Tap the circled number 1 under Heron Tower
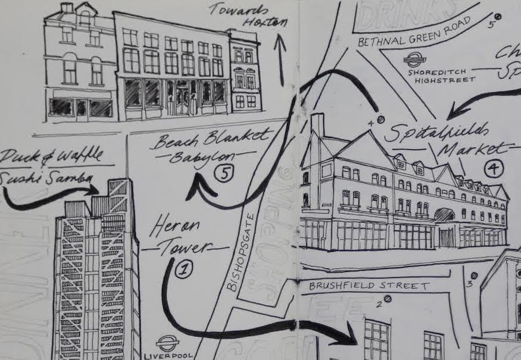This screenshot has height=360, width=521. pyautogui.click(x=185, y=268)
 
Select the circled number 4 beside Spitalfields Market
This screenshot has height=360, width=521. pyautogui.click(x=493, y=169)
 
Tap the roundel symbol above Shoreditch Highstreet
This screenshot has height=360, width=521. pyautogui.click(x=411, y=60)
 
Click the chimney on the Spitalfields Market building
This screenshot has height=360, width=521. pyautogui.click(x=318, y=126)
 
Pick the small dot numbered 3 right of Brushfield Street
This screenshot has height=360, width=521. pyautogui.click(x=474, y=276)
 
